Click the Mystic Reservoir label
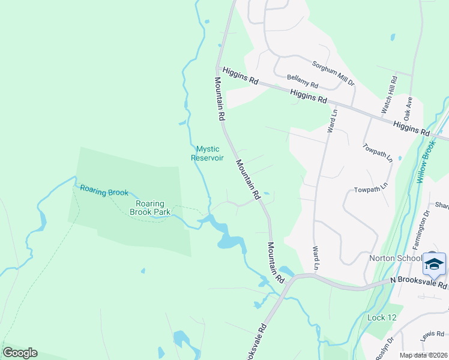point(207,153)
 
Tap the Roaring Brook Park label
point(150,208)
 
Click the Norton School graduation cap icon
point(433,263)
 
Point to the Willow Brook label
point(426,162)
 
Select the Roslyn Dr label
point(385,349)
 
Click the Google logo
point(20,353)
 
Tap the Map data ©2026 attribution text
point(423,355)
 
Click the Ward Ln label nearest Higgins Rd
point(331,119)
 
